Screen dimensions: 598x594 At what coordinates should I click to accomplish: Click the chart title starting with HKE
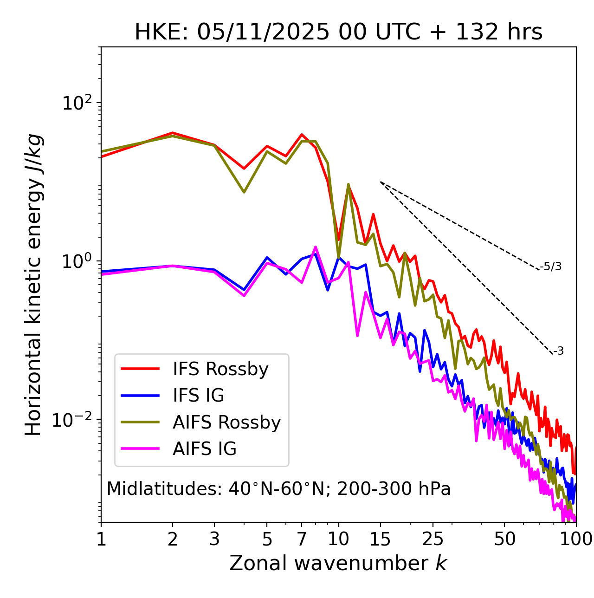click(338, 32)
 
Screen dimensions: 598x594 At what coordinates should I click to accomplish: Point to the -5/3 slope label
click(551, 266)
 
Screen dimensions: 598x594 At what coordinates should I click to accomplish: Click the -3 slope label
click(558, 351)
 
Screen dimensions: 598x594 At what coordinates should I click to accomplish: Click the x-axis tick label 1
click(101, 539)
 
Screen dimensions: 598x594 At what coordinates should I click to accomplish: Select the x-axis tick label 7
click(302, 539)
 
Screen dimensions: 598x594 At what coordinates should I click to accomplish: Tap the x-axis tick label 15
click(380, 539)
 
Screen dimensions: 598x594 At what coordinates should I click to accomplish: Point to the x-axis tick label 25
click(433, 539)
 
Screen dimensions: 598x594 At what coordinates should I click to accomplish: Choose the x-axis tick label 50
click(504, 539)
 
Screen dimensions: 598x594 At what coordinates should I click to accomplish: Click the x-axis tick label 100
click(576, 539)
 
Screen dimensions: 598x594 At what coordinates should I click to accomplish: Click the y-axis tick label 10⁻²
click(74, 419)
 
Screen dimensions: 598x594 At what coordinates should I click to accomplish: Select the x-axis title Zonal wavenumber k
click(338, 563)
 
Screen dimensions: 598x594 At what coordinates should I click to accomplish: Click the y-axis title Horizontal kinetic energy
click(33, 285)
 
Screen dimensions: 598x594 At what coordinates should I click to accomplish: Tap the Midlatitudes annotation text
click(278, 489)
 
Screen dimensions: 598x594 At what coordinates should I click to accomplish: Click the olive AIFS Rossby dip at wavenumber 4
click(244, 192)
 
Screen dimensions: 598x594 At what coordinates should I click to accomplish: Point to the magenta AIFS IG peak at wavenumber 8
click(316, 247)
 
